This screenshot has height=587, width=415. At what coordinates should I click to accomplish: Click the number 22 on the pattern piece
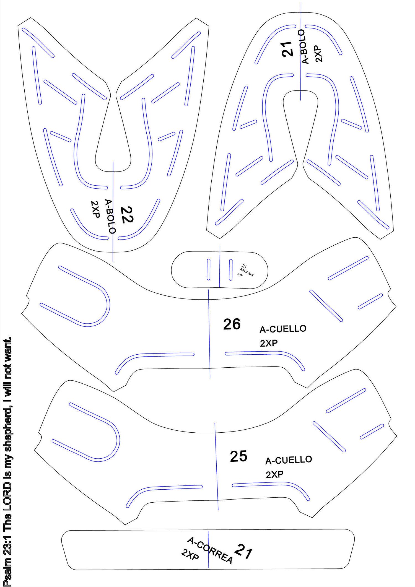pyautogui.click(x=127, y=215)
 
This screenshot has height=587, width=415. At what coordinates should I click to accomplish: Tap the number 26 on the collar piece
pyautogui.click(x=232, y=324)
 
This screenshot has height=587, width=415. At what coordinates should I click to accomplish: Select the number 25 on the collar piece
pyautogui.click(x=238, y=456)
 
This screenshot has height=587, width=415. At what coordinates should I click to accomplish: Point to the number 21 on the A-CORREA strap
pyautogui.click(x=243, y=551)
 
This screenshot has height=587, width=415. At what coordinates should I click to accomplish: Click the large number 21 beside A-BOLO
pyautogui.click(x=287, y=49)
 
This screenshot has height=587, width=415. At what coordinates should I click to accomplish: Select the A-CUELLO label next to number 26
pyautogui.click(x=283, y=329)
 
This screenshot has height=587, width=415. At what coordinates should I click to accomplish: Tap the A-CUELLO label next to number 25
pyautogui.click(x=289, y=460)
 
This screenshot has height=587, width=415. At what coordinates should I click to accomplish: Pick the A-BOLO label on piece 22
pyautogui.click(x=110, y=216)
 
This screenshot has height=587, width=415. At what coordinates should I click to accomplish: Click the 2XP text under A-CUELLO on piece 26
pyautogui.click(x=269, y=343)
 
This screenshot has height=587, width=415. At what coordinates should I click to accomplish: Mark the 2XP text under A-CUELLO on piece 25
pyautogui.click(x=275, y=475)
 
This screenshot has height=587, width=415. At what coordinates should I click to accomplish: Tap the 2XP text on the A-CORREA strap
pyautogui.click(x=190, y=554)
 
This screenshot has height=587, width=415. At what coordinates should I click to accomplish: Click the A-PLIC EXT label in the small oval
pyautogui.click(x=247, y=272)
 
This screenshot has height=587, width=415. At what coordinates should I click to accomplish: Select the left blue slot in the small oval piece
pyautogui.click(x=209, y=269)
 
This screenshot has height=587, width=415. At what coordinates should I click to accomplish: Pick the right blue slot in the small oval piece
pyautogui.click(x=230, y=270)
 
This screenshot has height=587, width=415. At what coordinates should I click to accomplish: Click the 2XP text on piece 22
pyautogui.click(x=95, y=209)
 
